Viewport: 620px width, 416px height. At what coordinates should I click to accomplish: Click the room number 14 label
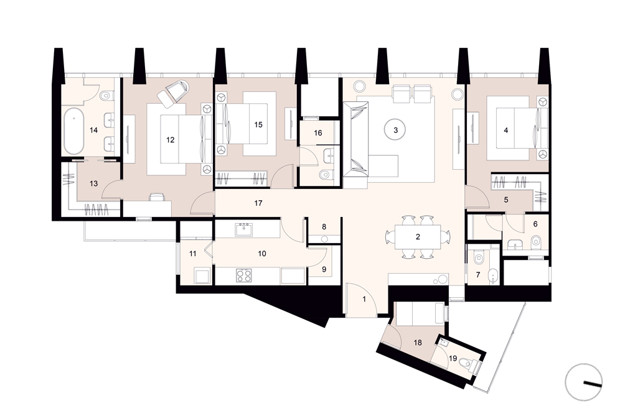[94, 130]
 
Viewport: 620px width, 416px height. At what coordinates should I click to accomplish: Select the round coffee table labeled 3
[395, 130]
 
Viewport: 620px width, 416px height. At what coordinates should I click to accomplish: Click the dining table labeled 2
[418, 237]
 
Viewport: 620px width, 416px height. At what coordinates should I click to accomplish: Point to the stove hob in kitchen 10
[243, 275]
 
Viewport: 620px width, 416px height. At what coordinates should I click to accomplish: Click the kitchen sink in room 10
[243, 229]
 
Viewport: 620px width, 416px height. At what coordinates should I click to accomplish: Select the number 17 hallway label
[258, 203]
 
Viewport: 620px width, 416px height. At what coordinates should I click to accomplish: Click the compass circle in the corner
[584, 382]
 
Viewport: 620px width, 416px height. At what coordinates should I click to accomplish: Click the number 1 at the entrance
[364, 299]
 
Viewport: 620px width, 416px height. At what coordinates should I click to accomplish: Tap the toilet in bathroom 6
[536, 240]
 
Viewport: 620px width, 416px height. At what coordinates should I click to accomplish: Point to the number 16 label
[318, 132]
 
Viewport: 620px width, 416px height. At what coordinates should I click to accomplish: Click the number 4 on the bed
[505, 130]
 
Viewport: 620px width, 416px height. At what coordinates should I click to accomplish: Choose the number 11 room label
[192, 254]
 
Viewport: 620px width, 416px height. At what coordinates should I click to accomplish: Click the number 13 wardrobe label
[94, 183]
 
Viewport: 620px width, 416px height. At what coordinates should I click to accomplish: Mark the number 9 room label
[324, 269]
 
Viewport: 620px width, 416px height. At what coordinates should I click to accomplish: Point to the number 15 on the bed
[258, 124]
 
